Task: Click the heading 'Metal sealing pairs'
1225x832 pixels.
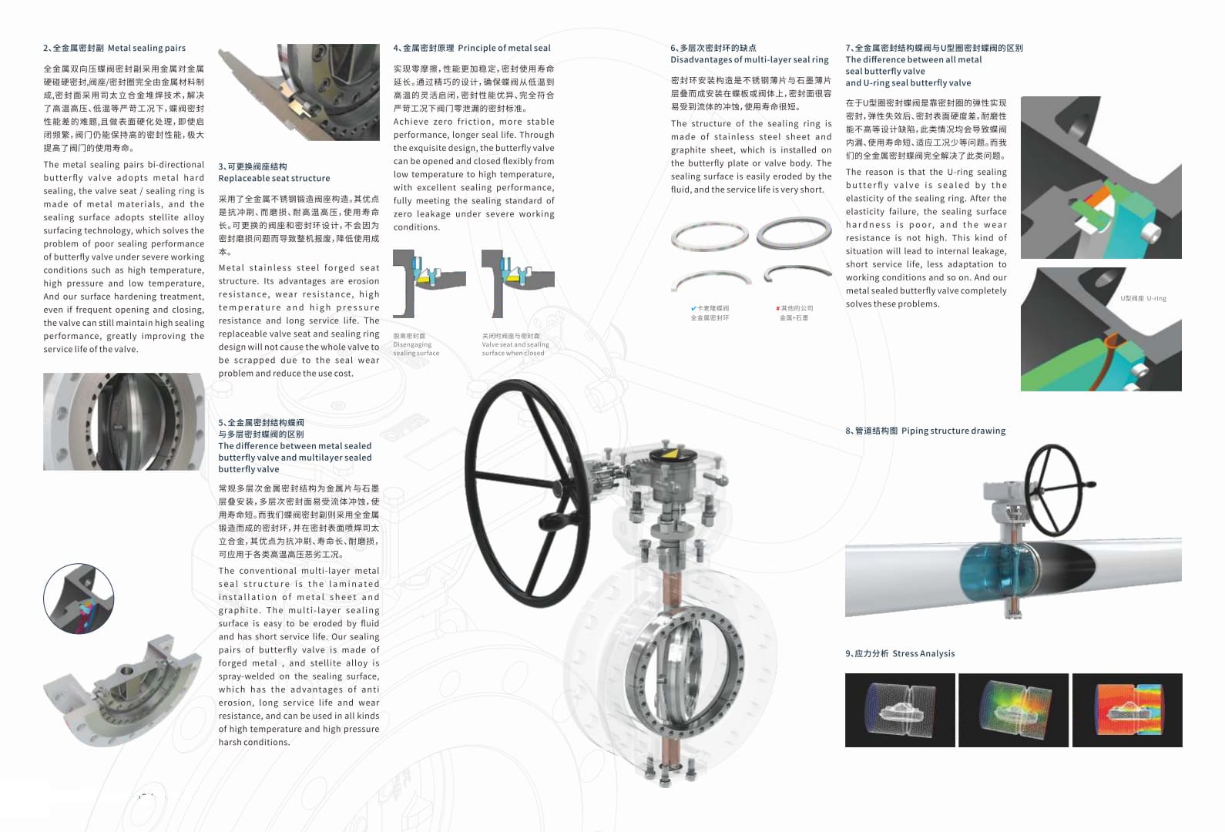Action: pyautogui.click(x=146, y=48)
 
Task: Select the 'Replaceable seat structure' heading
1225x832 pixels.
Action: pyautogui.click(x=274, y=178)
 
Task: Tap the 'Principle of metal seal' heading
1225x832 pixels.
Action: pyautogui.click(x=504, y=48)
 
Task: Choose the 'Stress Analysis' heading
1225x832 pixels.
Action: pyautogui.click(x=923, y=653)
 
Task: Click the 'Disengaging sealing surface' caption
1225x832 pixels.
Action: pyautogui.click(x=415, y=345)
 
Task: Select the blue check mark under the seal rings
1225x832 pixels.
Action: pyautogui.click(x=693, y=308)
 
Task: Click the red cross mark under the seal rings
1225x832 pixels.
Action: pyautogui.click(x=777, y=308)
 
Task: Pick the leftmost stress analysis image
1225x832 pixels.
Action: pyautogui.click(x=900, y=710)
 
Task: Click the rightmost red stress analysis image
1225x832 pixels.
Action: pyautogui.click(x=1126, y=710)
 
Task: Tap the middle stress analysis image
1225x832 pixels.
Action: pyautogui.click(x=1013, y=710)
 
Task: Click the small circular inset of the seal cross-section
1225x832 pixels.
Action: pyautogui.click(x=79, y=599)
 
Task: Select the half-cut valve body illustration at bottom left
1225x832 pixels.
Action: pyautogui.click(x=123, y=689)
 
